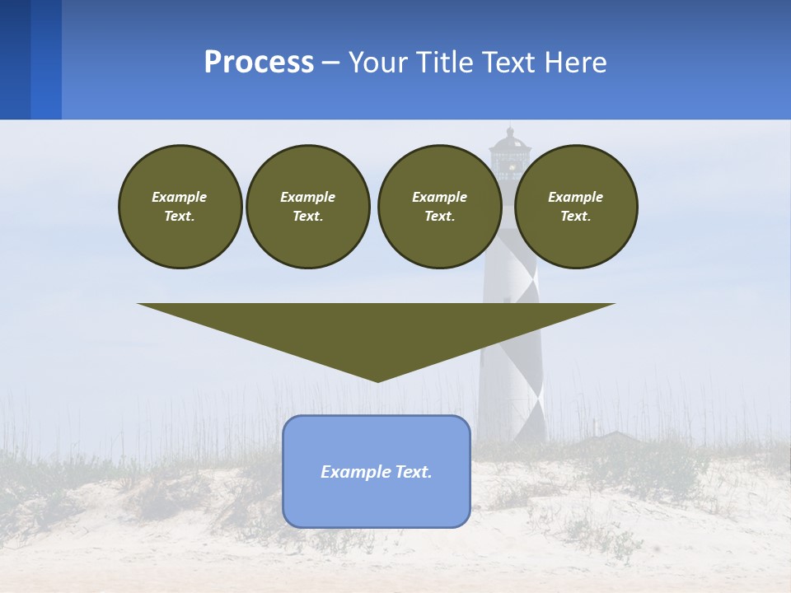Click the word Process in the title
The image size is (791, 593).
pyautogui.click(x=259, y=63)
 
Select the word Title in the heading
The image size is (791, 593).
pyautogui.click(x=447, y=63)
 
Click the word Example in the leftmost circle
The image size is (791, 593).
pyautogui.click(x=180, y=197)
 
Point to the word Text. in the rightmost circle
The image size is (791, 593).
pyautogui.click(x=575, y=216)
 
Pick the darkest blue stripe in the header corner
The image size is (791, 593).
pyautogui.click(x=15, y=59)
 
